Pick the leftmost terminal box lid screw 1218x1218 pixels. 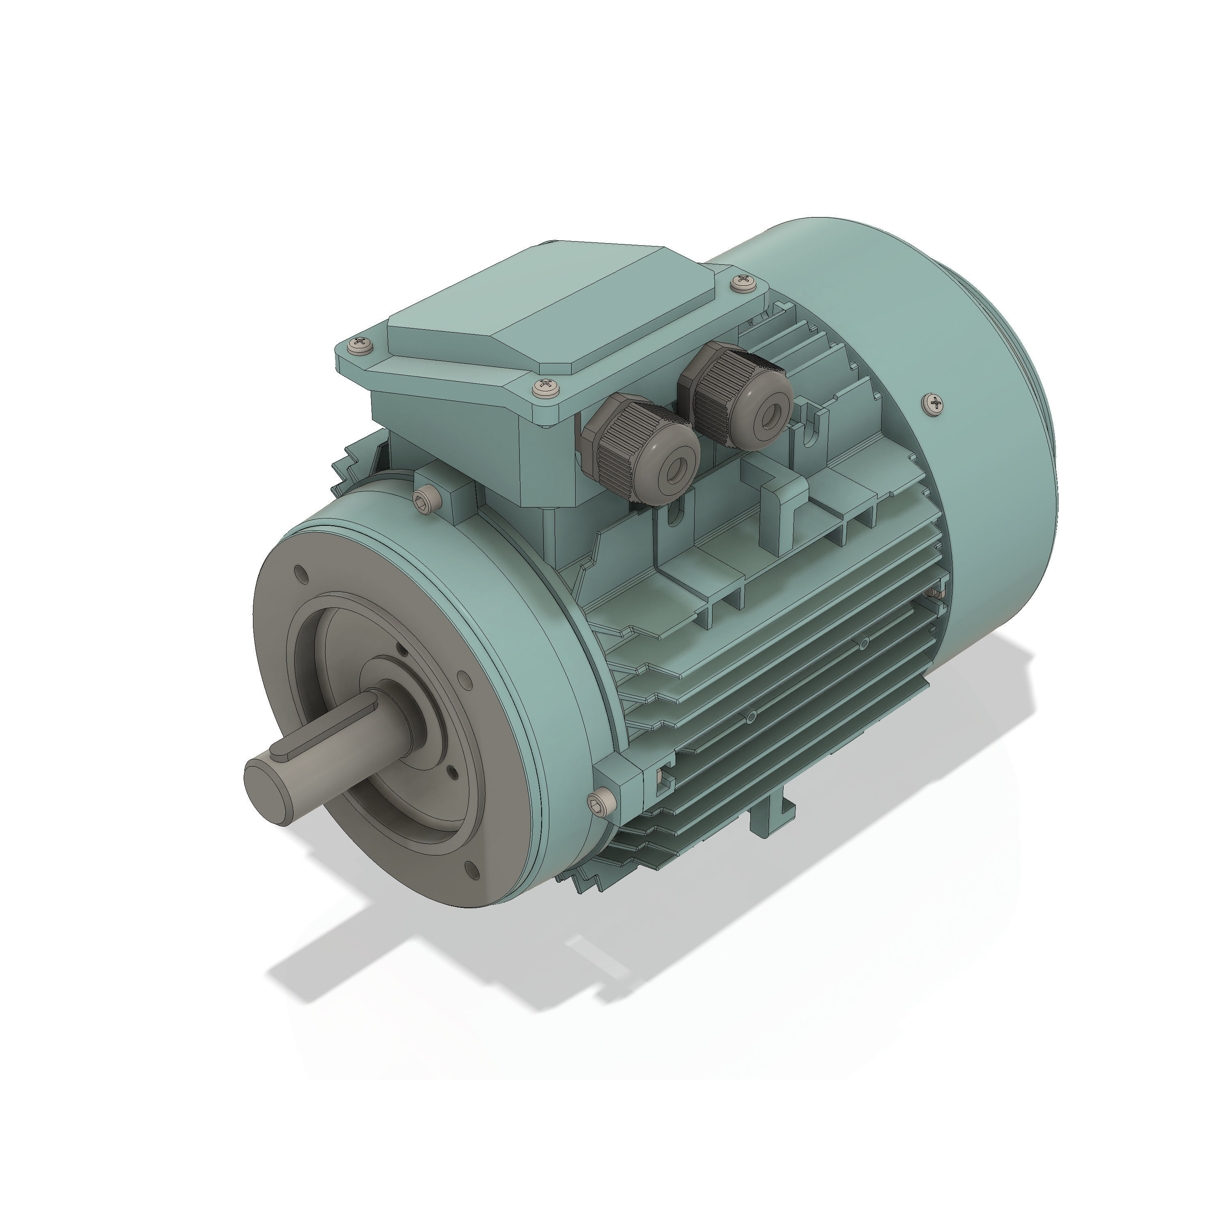coord(361,344)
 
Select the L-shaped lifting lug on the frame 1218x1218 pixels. coord(782,504)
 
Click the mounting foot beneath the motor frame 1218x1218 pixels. coord(772,820)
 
